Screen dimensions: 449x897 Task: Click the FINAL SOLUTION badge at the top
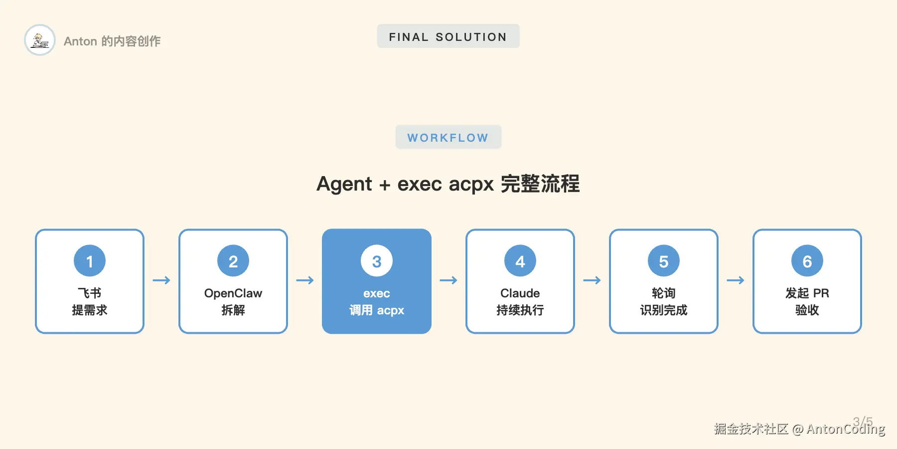coord(448,36)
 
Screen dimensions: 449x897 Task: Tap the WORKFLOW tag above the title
coord(448,137)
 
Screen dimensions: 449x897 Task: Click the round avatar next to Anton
coord(40,40)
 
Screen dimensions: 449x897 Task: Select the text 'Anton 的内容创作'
coord(112,41)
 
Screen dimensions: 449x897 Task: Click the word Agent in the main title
coord(344,184)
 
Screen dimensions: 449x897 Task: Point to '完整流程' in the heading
coord(540,184)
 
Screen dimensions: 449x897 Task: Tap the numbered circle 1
coord(90,261)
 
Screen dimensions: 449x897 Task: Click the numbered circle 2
coord(233,261)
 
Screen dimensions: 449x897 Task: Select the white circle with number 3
coord(377,261)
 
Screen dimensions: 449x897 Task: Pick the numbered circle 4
coord(520,261)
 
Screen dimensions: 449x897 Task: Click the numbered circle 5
coord(664,261)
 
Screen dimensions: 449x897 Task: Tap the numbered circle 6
coord(807,261)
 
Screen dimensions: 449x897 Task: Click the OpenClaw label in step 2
coord(233,293)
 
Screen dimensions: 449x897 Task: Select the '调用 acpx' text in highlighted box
coord(377,310)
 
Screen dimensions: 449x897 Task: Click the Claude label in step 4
coord(520,293)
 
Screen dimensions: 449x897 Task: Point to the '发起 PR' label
coord(807,293)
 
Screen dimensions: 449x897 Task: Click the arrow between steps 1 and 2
coord(161,280)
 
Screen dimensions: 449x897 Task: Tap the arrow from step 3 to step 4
coord(448,280)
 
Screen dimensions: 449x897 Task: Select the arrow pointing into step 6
coord(736,280)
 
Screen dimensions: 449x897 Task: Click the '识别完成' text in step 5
coord(664,310)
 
